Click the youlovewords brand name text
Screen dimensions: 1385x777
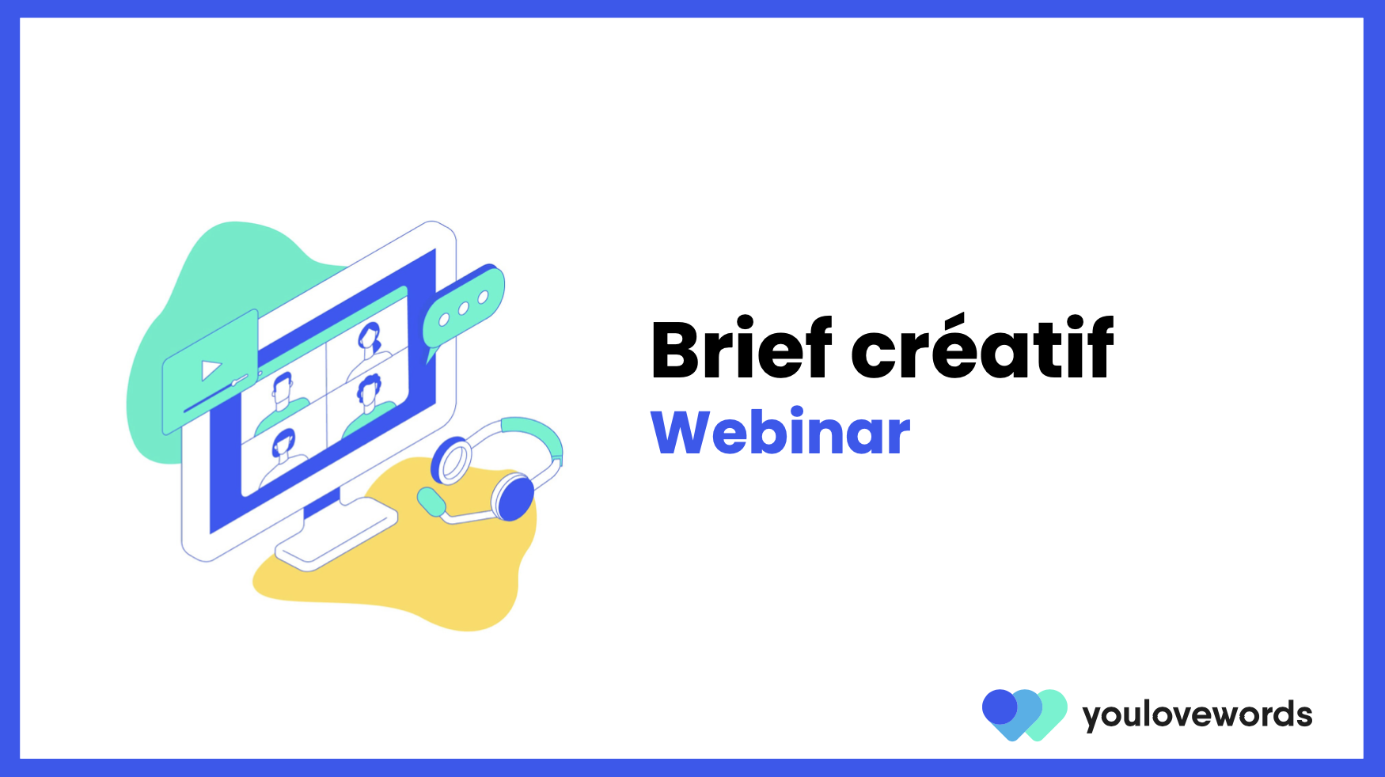tap(1197, 715)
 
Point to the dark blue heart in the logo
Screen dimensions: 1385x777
tap(1000, 707)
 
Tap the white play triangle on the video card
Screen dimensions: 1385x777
tap(211, 370)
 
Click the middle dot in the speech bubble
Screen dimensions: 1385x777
tap(464, 309)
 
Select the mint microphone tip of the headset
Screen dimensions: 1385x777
tap(431, 501)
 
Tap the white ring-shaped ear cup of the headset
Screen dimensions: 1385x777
tap(451, 461)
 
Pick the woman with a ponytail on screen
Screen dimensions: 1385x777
tap(368, 347)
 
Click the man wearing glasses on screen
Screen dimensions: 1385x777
tap(283, 402)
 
